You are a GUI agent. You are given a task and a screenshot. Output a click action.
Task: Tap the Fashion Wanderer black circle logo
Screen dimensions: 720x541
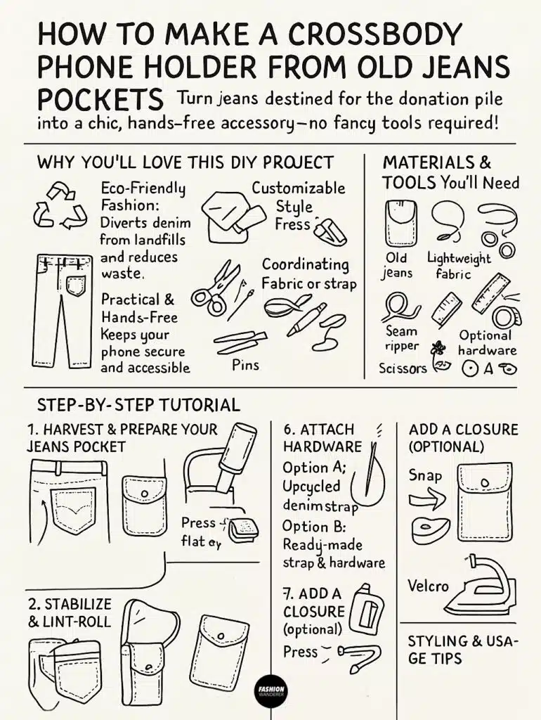pyautogui.click(x=270, y=691)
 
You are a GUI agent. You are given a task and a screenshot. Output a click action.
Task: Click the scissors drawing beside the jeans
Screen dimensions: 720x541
pyautogui.click(x=215, y=288)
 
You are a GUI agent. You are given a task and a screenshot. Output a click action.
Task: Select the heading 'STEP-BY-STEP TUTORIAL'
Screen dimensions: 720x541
pyautogui.click(x=138, y=405)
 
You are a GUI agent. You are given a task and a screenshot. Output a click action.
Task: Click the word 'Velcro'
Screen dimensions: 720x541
pyautogui.click(x=428, y=585)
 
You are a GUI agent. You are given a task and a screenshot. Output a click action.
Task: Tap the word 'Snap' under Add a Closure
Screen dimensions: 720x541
pyautogui.click(x=426, y=475)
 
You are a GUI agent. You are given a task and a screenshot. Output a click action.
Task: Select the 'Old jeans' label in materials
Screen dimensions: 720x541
pyautogui.click(x=396, y=265)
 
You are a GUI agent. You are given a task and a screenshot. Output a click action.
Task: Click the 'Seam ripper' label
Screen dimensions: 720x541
pyautogui.click(x=402, y=338)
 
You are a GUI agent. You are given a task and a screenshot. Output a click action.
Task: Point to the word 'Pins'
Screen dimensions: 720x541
pyautogui.click(x=245, y=365)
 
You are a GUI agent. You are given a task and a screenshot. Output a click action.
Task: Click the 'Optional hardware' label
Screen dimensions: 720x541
pyautogui.click(x=488, y=342)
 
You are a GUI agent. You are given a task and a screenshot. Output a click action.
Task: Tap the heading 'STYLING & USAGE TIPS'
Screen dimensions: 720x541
pyautogui.click(x=463, y=650)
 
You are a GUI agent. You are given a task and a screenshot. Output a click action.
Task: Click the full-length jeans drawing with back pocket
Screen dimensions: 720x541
pyautogui.click(x=63, y=310)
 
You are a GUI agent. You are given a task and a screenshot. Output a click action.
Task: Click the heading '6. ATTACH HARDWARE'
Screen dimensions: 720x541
pyautogui.click(x=322, y=437)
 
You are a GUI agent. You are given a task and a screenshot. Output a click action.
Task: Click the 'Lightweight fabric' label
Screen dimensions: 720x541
pyautogui.click(x=459, y=266)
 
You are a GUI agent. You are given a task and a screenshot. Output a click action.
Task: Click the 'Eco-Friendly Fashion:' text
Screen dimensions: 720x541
pyautogui.click(x=143, y=198)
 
